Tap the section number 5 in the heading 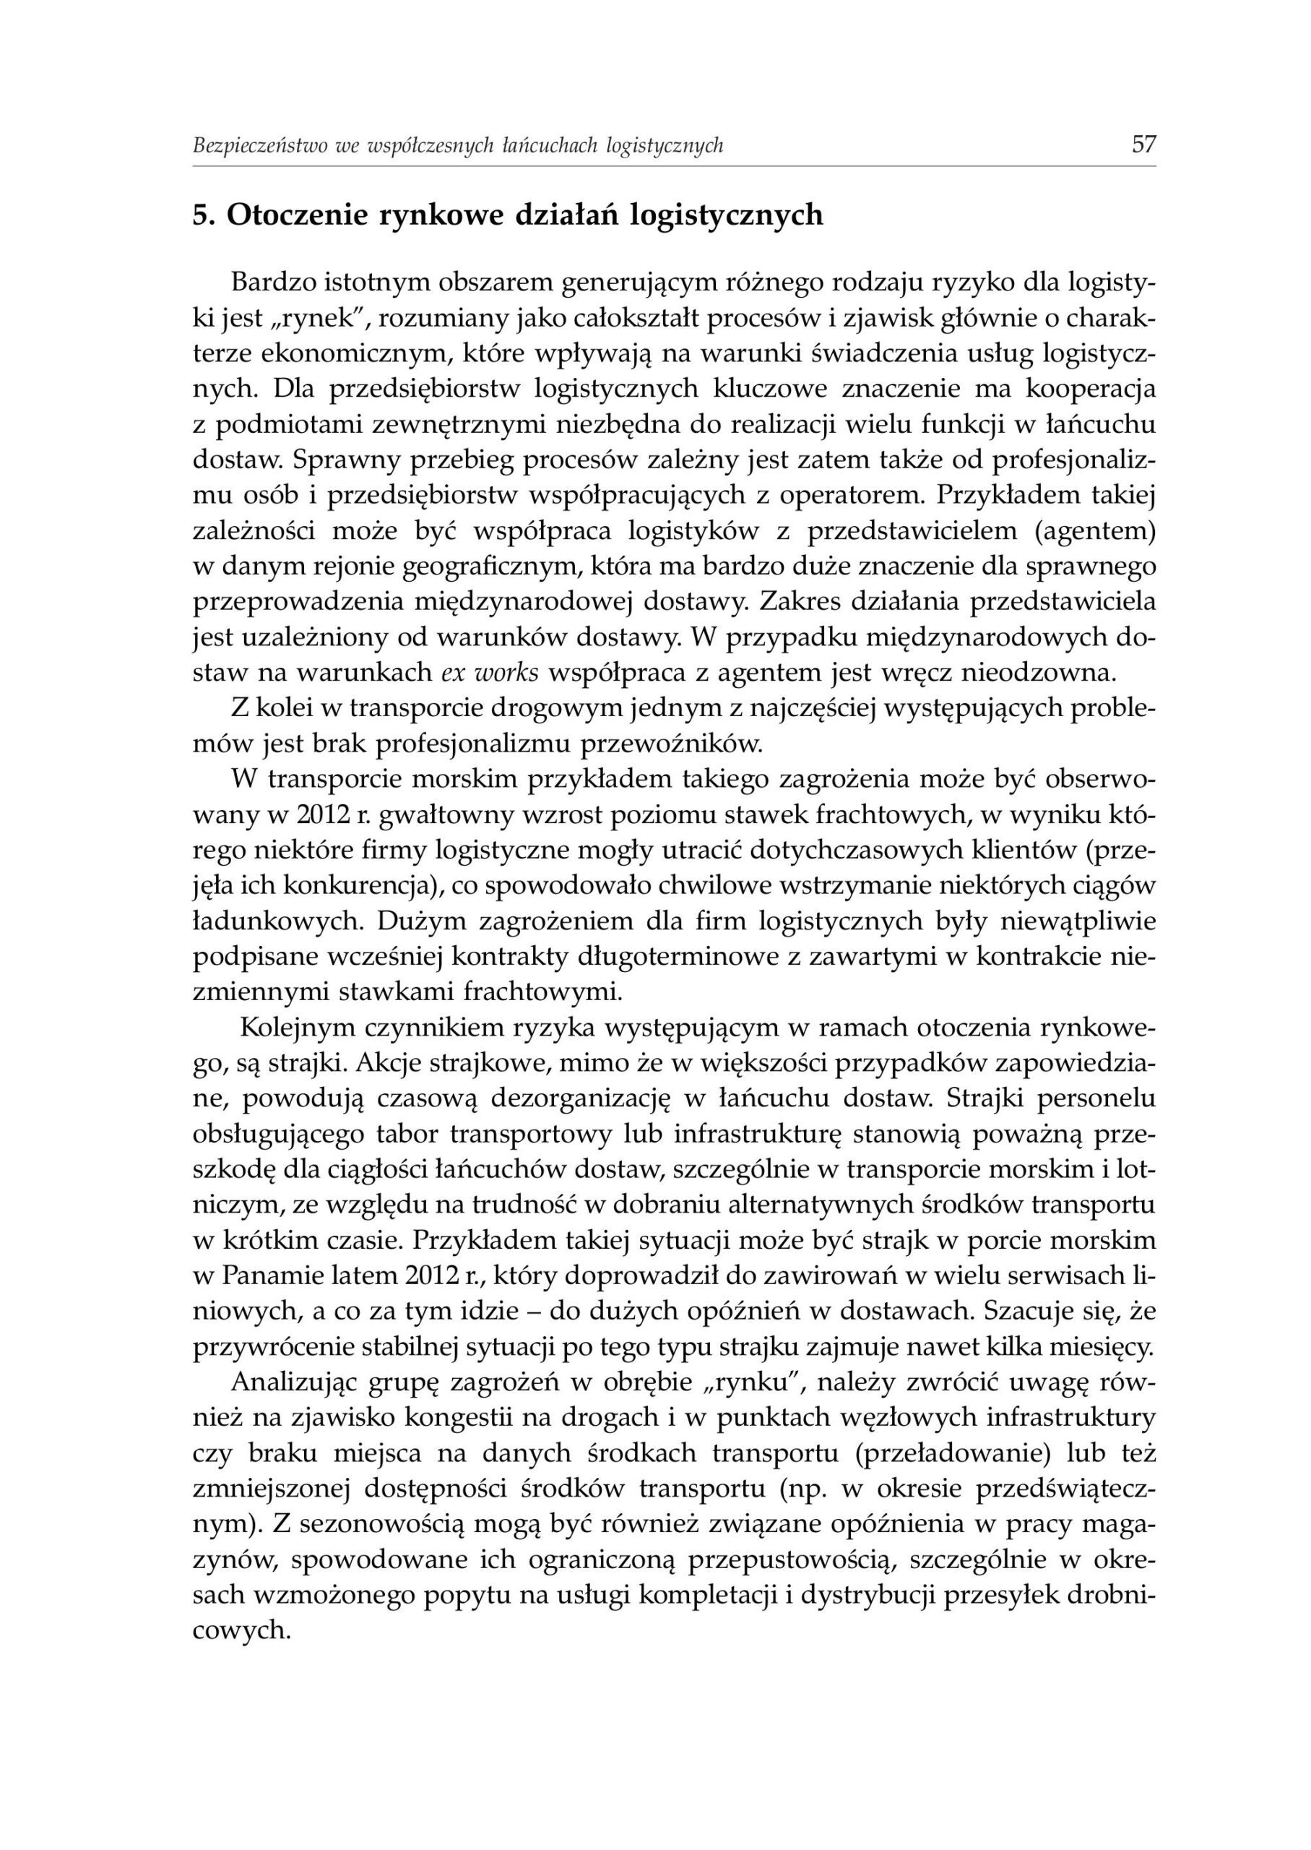(x=201, y=215)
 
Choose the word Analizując (x=293, y=1382)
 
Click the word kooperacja (x=1090, y=387)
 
